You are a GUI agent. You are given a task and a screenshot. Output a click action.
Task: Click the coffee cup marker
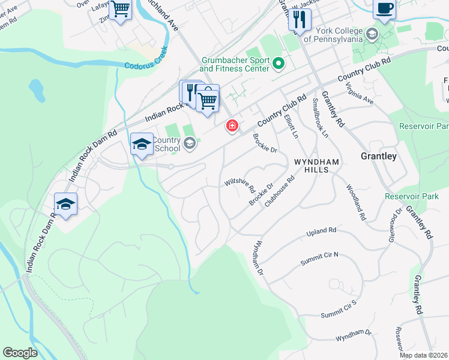point(384,9)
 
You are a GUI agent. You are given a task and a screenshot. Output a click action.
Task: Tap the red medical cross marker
point(231,126)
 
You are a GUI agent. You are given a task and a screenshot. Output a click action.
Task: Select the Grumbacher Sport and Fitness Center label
point(234,65)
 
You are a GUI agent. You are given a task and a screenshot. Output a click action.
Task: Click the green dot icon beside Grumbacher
point(279,62)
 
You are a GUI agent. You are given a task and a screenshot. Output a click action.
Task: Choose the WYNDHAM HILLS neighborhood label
point(317,166)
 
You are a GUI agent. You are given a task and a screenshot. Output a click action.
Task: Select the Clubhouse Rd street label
point(280,191)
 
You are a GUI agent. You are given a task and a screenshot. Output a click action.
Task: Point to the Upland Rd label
point(322,231)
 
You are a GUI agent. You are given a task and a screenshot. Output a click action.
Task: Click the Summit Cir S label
point(339,310)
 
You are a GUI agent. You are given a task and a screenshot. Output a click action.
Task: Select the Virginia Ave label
point(360,94)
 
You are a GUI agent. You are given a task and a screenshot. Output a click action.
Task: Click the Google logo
point(20,353)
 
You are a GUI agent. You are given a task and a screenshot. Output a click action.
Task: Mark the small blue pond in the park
point(36,90)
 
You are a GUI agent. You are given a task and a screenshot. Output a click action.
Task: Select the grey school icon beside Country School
point(190,143)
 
